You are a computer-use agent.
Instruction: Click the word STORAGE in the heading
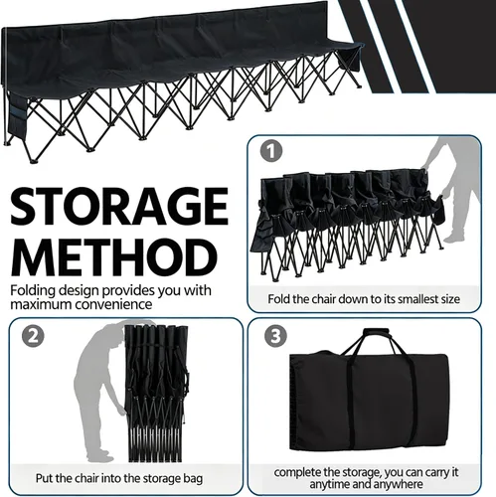[119, 207]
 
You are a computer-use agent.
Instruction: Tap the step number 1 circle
[271, 152]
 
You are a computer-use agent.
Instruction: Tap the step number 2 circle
[33, 336]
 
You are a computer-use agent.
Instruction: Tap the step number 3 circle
[275, 336]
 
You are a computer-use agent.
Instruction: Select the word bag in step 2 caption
[193, 479]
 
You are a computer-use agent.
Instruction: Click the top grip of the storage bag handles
[376, 332]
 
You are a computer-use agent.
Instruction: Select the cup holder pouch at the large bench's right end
[350, 61]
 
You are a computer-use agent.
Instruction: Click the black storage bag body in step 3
[370, 404]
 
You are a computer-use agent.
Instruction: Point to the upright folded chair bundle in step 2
[156, 394]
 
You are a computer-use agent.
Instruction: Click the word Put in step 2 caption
[44, 478]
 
